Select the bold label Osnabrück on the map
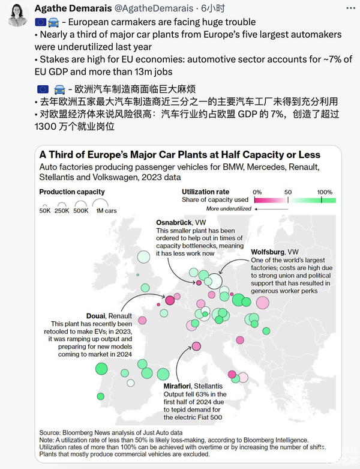pos(173,222)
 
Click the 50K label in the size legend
pos(45,211)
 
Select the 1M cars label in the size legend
pos(107,211)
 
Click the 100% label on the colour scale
pos(325,192)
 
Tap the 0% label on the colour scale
pos(257,192)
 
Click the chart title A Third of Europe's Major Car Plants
pos(180,155)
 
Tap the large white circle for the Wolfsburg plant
pos(215,280)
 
